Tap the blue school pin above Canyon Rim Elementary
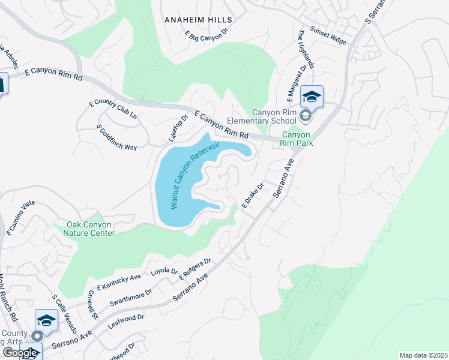(x=312, y=96)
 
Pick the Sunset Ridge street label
(x=328, y=35)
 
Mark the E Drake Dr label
(x=253, y=196)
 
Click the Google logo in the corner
(x=20, y=353)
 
